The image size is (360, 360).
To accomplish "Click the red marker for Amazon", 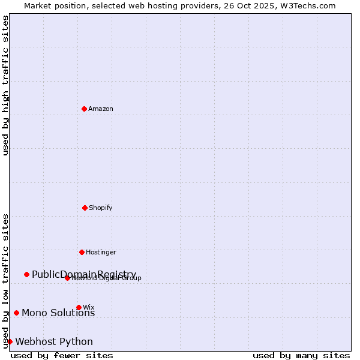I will [x=84, y=109].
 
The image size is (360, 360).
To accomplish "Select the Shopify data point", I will [x=85, y=208].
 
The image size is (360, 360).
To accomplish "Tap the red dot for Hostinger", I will [x=82, y=252].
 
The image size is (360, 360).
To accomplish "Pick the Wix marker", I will [x=79, y=307].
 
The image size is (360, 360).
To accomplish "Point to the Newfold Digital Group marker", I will [x=67, y=278].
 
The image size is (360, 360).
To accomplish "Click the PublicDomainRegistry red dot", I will [x=26, y=274].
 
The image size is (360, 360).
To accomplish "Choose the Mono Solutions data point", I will [x=16, y=313].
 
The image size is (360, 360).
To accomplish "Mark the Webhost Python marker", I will [x=10, y=341].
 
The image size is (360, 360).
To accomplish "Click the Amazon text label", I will [x=101, y=109].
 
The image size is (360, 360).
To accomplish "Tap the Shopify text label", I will [x=101, y=208].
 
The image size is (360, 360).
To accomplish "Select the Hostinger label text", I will [x=101, y=252].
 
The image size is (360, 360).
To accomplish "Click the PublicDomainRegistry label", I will [x=84, y=274].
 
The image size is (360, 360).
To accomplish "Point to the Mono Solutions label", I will [x=58, y=313].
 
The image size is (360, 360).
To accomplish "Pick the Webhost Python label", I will [x=54, y=341].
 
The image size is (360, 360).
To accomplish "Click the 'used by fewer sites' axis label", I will [x=62, y=355].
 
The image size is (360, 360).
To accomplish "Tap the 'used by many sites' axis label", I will [x=301, y=355].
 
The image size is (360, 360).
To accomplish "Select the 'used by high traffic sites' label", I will [x=5, y=85].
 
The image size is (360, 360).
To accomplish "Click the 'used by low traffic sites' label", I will [x=5, y=281].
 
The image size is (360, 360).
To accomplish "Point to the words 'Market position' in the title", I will [x=52, y=5].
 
